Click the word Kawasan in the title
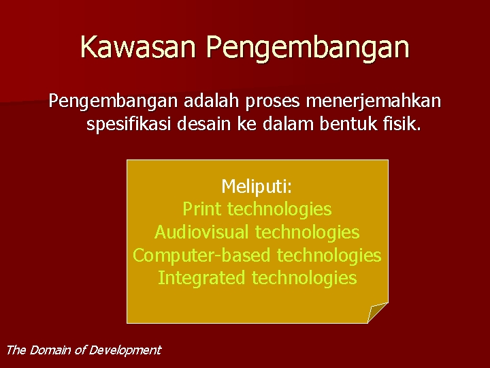click(x=139, y=48)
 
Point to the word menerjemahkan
click(x=374, y=102)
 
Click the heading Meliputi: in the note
click(x=257, y=186)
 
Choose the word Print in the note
click(x=202, y=209)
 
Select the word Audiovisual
click(x=202, y=232)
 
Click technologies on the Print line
click(x=279, y=209)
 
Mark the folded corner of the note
click(x=376, y=313)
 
